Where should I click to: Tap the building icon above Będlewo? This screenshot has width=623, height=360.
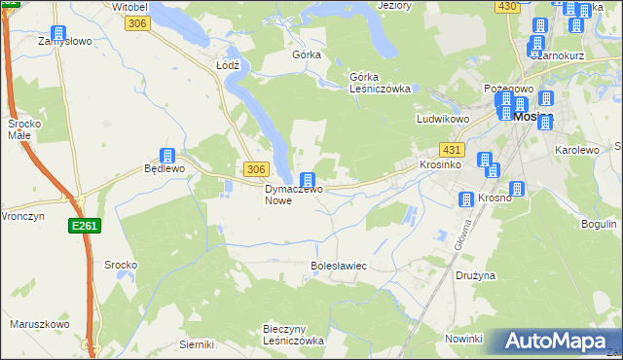166,154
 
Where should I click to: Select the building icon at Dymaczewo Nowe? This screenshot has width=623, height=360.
308,180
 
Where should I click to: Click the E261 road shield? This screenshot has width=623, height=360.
84,225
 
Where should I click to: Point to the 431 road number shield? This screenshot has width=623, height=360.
451,150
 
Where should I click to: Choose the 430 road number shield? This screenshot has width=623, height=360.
506,6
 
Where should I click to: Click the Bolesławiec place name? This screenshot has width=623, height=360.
338,265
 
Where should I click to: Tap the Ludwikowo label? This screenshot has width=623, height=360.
443,119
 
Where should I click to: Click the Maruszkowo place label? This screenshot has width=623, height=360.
39,324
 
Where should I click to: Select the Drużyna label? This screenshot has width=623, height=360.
475,275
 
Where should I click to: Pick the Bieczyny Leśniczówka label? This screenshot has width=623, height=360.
293,335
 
